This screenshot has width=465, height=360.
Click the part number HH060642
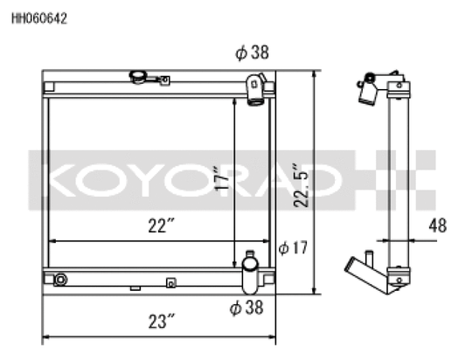click(x=39, y=17)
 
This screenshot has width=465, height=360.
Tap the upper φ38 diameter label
click(x=252, y=52)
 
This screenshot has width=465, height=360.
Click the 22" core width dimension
click(x=161, y=225)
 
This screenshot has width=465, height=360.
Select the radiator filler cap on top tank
click(x=139, y=78)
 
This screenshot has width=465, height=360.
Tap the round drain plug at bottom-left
click(x=59, y=280)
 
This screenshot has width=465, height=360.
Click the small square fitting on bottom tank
click(x=170, y=282)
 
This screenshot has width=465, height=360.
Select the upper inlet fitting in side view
click(x=370, y=88)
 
